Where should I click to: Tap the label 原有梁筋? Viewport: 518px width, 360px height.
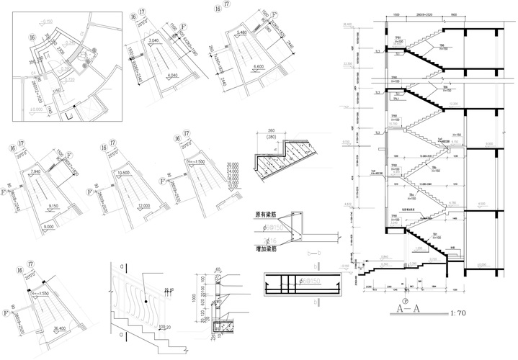266,215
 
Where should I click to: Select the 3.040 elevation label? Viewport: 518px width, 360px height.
153,40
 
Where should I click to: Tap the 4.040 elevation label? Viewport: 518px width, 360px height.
173,75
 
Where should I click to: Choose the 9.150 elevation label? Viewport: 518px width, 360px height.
54,206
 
